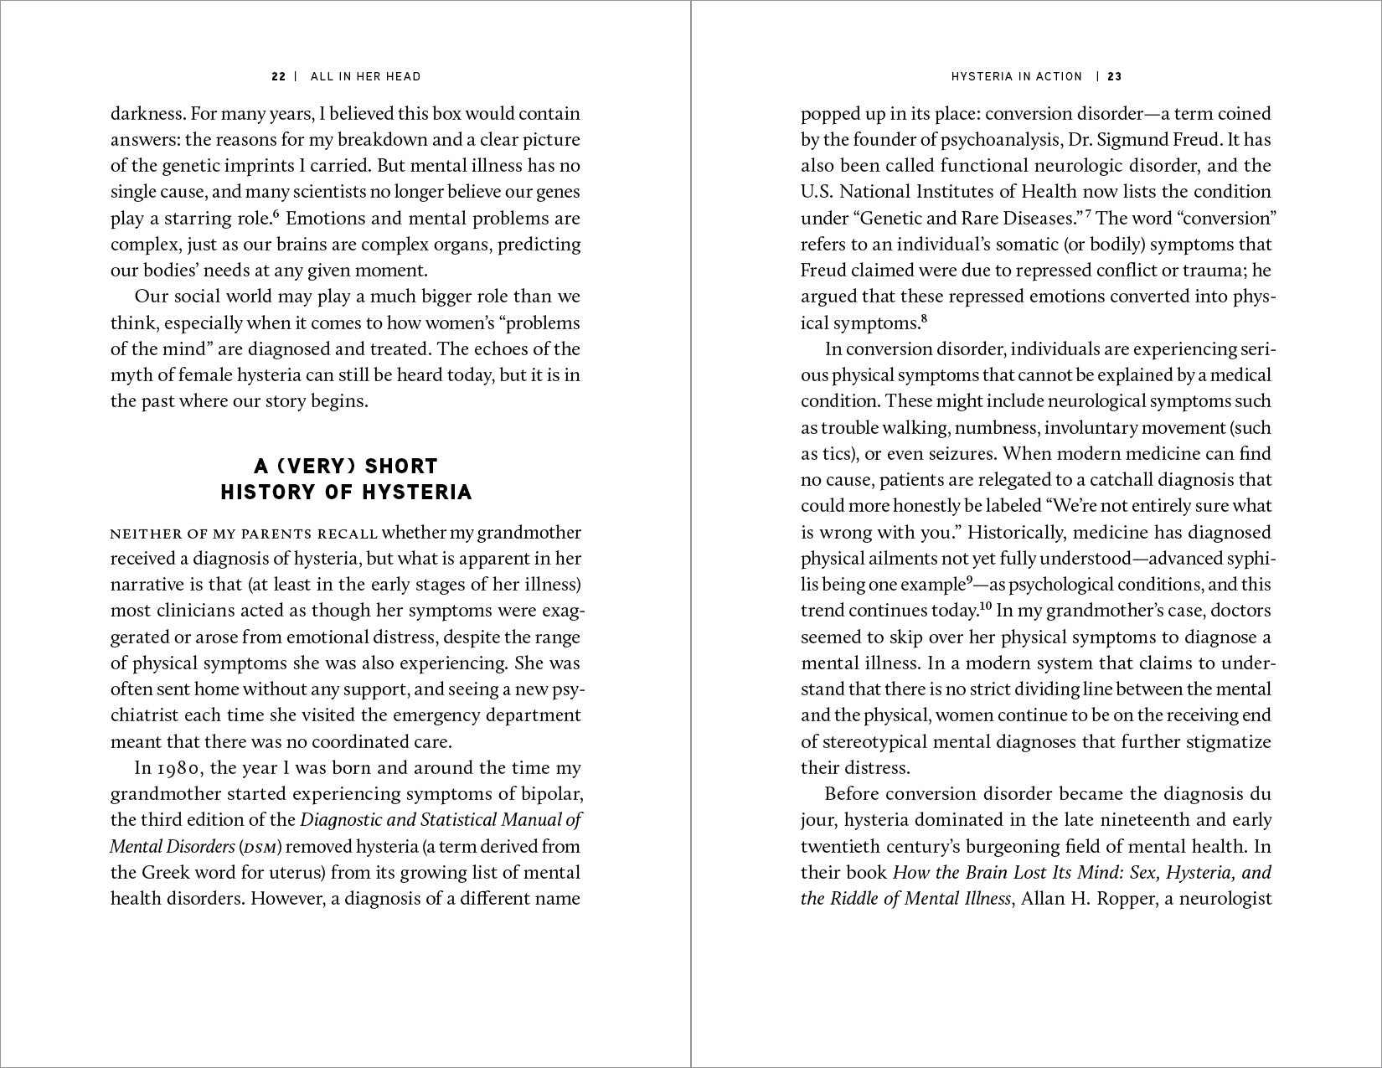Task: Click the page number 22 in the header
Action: [279, 77]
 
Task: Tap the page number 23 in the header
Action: [1115, 77]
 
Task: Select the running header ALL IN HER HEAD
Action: [365, 77]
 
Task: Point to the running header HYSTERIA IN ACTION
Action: [1016, 77]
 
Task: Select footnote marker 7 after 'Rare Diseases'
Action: [1088, 214]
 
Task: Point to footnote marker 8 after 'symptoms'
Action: [925, 318]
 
